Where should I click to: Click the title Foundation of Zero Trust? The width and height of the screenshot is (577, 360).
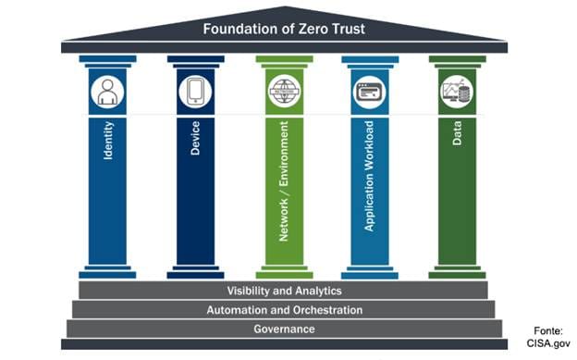(x=284, y=29)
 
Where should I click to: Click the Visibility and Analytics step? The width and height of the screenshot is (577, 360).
(x=284, y=291)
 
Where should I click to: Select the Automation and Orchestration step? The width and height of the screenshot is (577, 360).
(x=284, y=310)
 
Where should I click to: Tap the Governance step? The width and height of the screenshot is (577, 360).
(x=284, y=329)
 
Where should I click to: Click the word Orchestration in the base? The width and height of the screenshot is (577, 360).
(x=325, y=310)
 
